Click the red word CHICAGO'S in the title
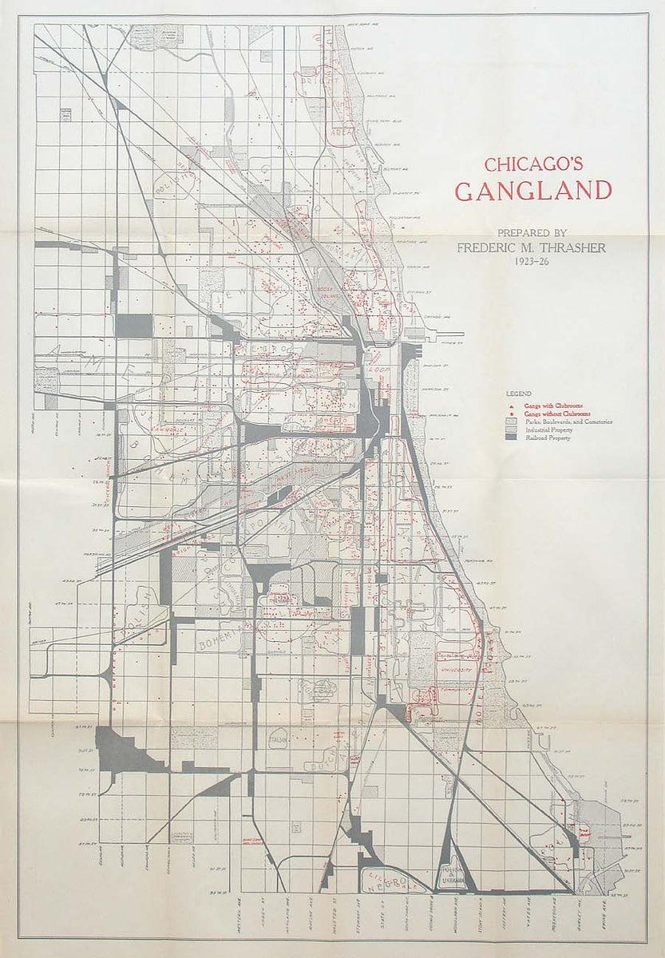[533, 164]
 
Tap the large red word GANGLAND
[533, 191]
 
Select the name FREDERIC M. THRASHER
[531, 247]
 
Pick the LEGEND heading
[517, 394]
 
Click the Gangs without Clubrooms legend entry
[556, 414]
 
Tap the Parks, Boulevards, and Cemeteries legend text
[568, 422]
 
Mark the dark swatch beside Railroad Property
[511, 438]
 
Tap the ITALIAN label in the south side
[279, 742]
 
